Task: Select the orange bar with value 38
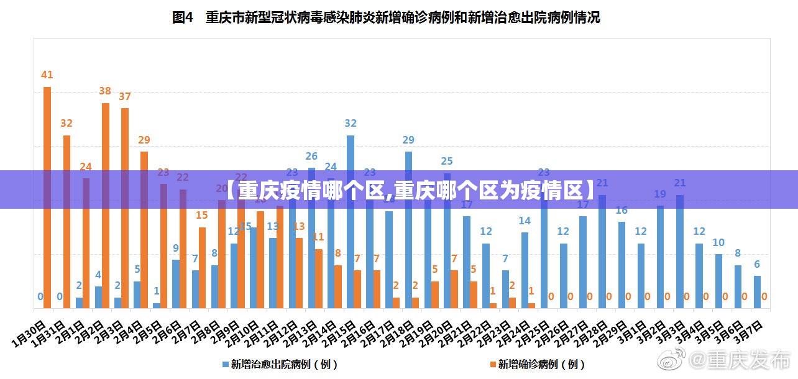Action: tap(106, 205)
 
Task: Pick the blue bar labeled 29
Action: tap(408, 230)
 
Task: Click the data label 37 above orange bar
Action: tap(125, 96)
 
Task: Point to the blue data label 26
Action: tap(311, 156)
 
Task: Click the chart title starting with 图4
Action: tap(385, 18)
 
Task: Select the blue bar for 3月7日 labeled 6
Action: tap(757, 292)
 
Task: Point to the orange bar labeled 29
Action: tap(144, 230)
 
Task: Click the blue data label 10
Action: tap(718, 243)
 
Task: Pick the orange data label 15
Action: tap(202, 216)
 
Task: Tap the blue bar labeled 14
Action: tap(525, 270)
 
